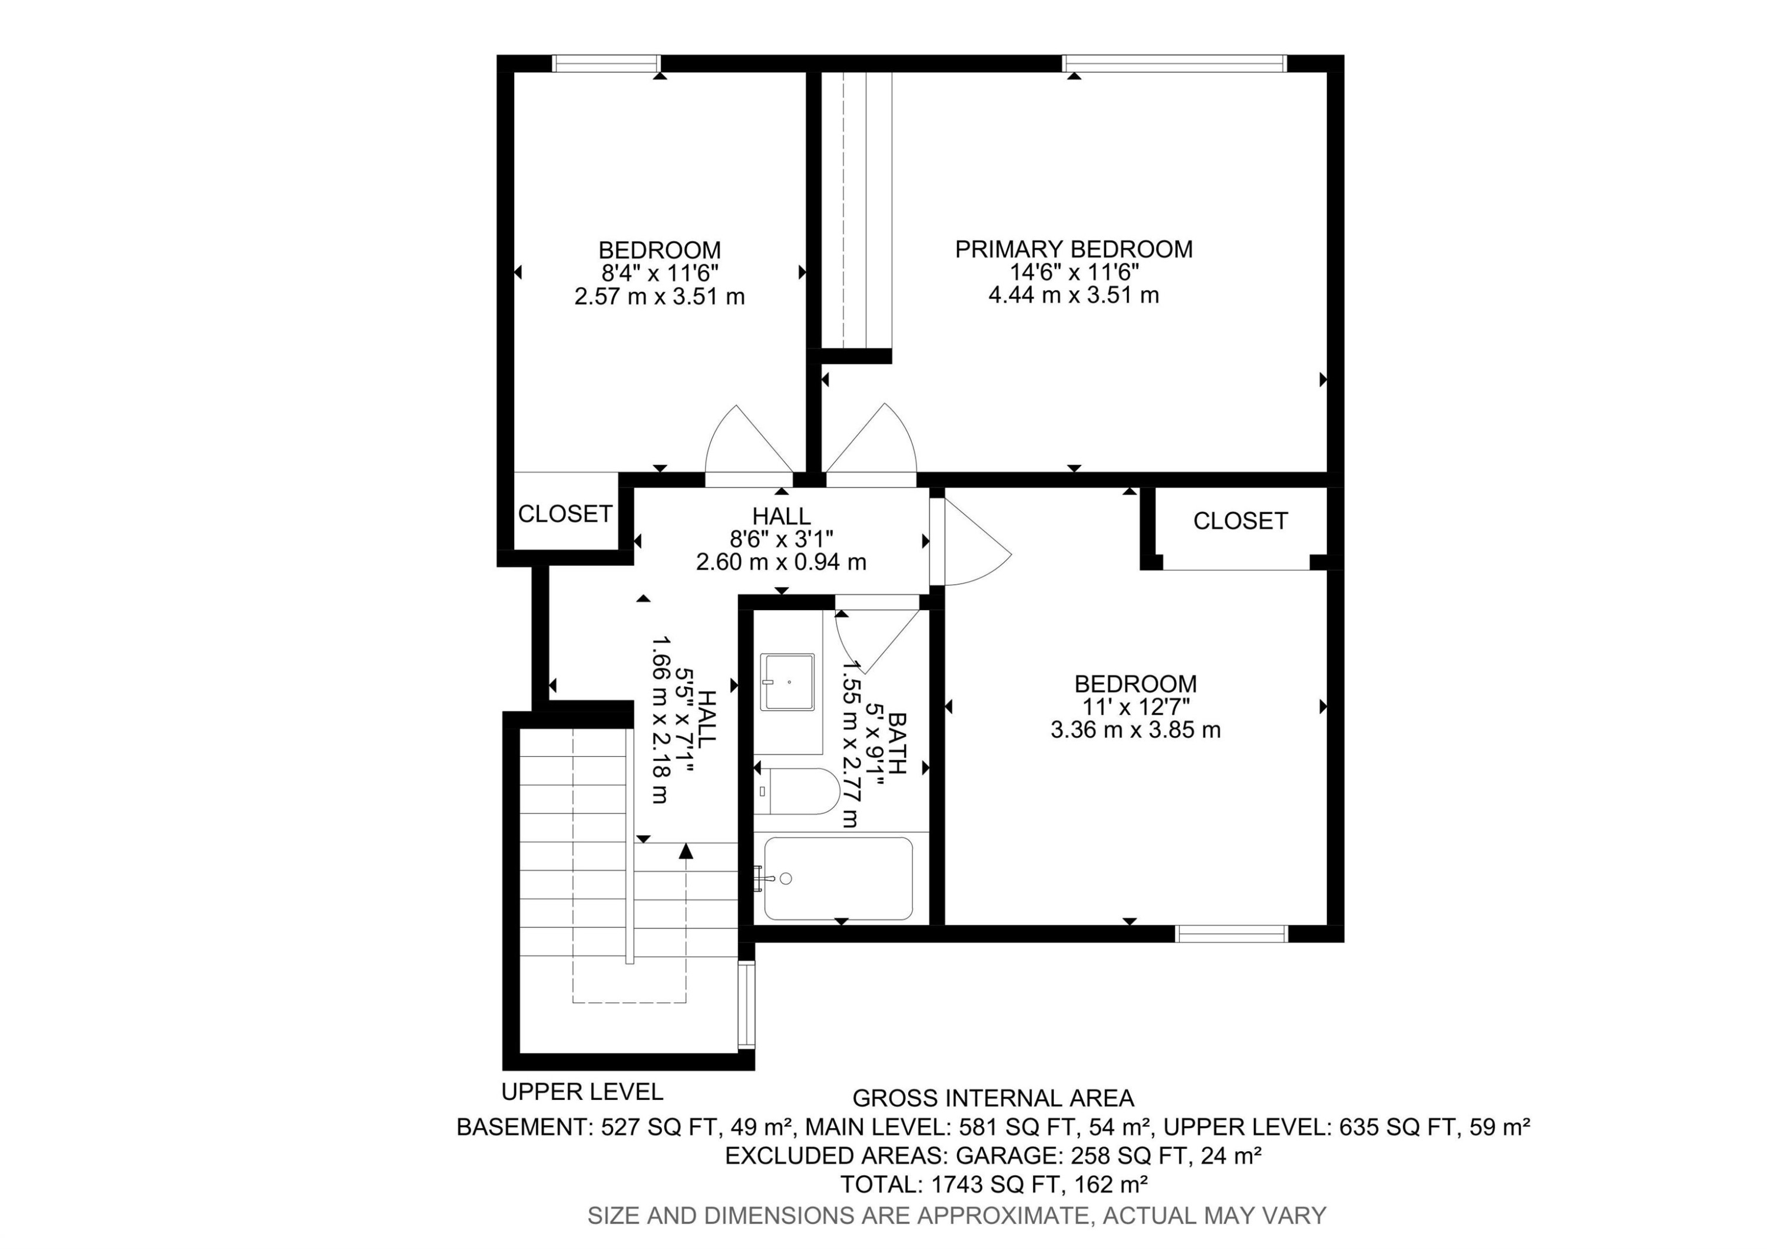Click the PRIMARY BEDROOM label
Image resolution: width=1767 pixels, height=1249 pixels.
(x=1074, y=249)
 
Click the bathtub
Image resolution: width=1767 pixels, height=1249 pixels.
(x=839, y=879)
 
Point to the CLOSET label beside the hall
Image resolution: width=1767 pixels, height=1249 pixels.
(x=565, y=513)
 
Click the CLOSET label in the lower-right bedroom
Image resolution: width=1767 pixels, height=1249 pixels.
(x=1240, y=521)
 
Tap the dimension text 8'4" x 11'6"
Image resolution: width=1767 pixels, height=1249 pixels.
(x=660, y=273)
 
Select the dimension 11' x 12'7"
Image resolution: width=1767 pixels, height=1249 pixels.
(x=1135, y=707)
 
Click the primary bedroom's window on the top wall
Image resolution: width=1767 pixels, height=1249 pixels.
(x=1174, y=63)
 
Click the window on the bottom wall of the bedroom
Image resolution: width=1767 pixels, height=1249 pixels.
(x=1232, y=934)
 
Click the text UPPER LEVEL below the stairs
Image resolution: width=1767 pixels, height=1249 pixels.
(x=582, y=1092)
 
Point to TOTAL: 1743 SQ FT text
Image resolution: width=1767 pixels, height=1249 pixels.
(x=993, y=1184)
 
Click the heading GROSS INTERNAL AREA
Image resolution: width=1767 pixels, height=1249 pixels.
(x=993, y=1098)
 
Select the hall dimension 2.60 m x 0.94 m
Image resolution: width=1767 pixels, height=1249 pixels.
(x=781, y=562)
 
